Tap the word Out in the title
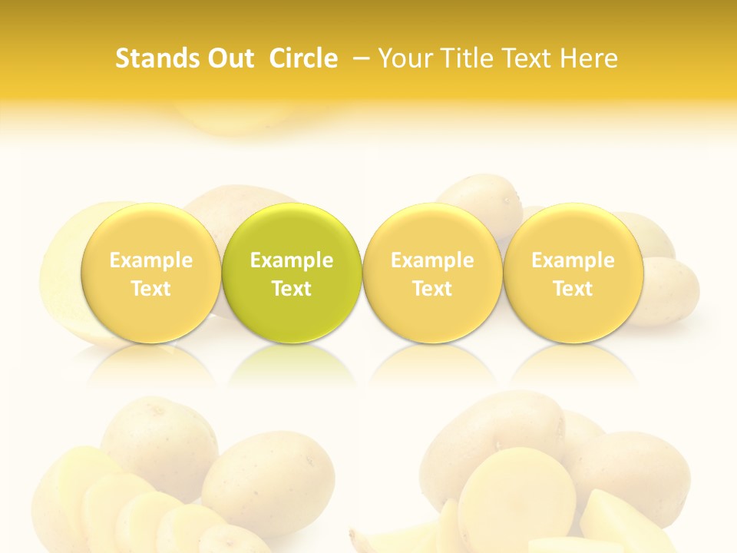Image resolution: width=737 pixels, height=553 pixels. coord(229,58)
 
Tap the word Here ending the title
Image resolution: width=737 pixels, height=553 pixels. coord(589,58)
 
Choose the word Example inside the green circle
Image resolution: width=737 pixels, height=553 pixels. coord(292,260)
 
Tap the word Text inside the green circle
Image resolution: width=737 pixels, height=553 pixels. coord(292,289)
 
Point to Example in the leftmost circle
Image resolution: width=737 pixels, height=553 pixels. coord(150,260)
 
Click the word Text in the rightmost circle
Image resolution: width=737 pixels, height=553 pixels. coord(573,289)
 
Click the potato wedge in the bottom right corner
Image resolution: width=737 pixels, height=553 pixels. coord(614,522)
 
